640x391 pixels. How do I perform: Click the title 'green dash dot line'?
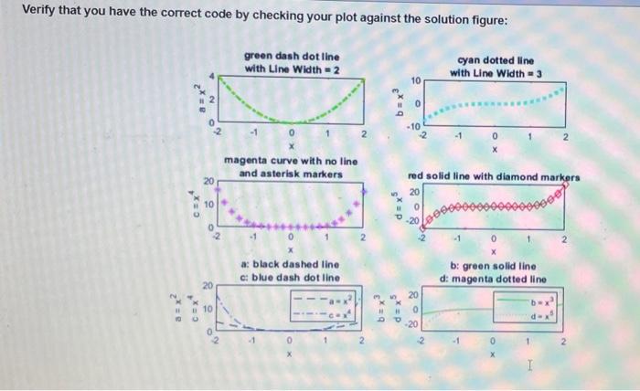[292, 56]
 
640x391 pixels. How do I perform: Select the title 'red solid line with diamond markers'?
[495, 176]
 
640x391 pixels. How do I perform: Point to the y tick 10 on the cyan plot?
[414, 80]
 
